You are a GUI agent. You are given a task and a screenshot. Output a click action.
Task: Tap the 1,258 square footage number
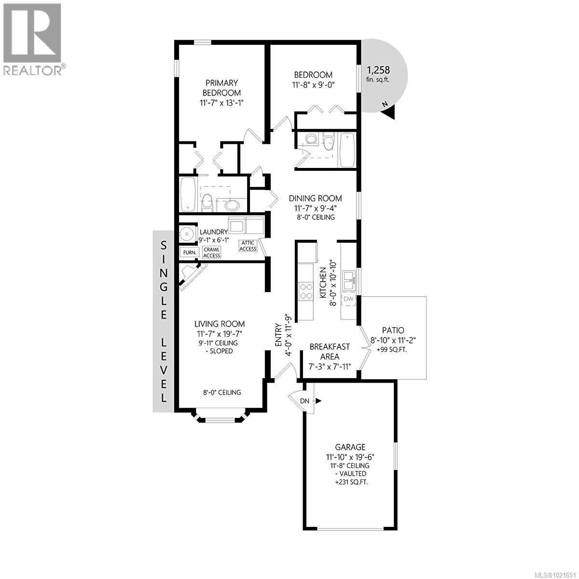(x=378, y=70)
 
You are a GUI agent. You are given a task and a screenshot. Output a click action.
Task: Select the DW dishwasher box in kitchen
(x=348, y=299)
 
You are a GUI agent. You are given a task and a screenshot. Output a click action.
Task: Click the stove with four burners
(x=306, y=291)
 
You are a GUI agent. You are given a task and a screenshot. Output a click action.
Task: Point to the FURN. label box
(x=188, y=252)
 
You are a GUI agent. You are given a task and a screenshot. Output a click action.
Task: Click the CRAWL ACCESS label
(x=211, y=252)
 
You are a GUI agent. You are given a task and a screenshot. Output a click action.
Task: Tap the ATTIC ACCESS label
(x=248, y=246)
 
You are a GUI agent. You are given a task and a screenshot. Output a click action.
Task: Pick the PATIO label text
(x=393, y=331)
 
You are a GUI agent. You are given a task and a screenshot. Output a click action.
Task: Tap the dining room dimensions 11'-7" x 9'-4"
(x=315, y=208)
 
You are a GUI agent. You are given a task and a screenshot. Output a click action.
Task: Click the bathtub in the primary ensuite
(x=188, y=194)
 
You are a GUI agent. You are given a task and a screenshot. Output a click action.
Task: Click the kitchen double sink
(x=348, y=280)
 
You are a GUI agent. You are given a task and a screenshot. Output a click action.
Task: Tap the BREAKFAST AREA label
(x=330, y=352)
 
